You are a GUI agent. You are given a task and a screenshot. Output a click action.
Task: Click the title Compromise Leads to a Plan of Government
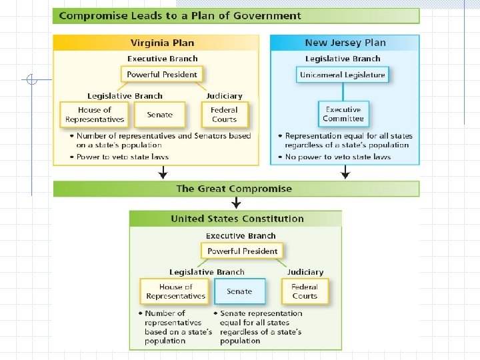[180, 15]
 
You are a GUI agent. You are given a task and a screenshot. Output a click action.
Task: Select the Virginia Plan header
[162, 43]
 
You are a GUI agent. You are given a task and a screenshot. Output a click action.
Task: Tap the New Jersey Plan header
[345, 43]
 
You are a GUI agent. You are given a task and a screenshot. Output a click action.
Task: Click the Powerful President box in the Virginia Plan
[162, 75]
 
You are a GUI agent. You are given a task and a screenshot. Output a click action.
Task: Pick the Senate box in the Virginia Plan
[159, 115]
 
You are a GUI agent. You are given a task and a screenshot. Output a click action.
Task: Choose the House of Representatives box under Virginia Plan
[95, 115]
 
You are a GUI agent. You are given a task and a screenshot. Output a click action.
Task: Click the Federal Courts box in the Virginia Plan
[224, 115]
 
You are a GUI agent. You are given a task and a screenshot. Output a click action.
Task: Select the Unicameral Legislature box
[343, 75]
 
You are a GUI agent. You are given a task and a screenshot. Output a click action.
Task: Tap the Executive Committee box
[343, 114]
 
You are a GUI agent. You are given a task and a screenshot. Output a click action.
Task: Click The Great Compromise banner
[234, 189]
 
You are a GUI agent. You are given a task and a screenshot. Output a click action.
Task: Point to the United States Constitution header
[237, 219]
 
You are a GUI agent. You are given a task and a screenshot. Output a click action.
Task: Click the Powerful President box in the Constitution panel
[242, 251]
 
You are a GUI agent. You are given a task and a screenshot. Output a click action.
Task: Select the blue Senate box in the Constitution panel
[239, 291]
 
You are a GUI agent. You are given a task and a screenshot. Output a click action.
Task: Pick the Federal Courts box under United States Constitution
[305, 291]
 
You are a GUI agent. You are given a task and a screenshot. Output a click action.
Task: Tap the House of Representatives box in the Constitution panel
[175, 291]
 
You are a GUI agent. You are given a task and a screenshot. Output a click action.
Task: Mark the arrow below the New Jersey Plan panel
[345, 173]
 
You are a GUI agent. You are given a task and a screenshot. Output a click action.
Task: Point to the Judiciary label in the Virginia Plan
[224, 96]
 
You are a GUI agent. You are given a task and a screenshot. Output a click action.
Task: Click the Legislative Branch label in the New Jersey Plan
[343, 59]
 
